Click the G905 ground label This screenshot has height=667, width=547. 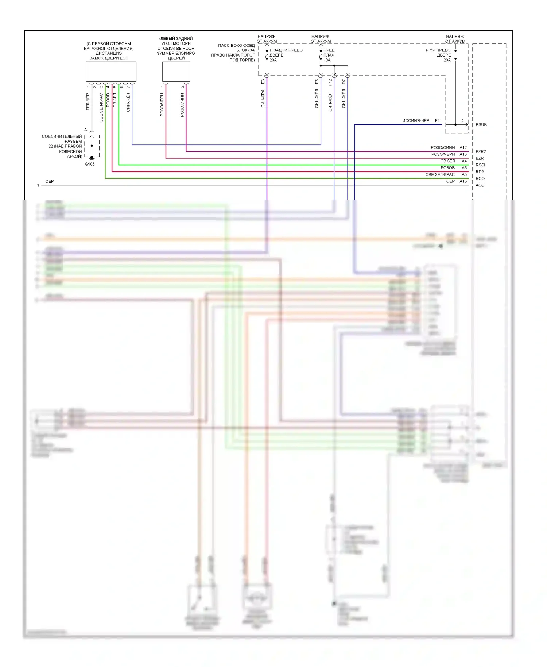tap(90, 164)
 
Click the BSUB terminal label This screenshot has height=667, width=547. tap(481, 125)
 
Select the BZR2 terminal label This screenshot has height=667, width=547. tap(481, 151)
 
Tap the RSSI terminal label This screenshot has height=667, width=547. tap(480, 165)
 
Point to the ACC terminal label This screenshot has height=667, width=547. tap(480, 185)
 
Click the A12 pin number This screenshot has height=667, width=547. tap(463, 147)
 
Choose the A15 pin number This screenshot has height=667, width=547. tap(463, 181)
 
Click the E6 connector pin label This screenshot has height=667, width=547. tap(263, 82)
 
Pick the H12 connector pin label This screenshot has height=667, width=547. tap(330, 82)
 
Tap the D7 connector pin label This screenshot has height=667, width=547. tap(344, 82)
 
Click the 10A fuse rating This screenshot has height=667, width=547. tap(327, 60)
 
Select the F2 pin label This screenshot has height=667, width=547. tap(437, 120)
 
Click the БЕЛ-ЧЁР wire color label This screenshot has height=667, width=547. tap(88, 102)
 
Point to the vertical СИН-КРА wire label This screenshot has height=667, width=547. tap(263, 99)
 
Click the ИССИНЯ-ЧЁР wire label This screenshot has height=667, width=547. tap(416, 120)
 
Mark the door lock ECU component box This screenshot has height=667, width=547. tap(111, 72)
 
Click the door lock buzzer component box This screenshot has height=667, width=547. tap(176, 72)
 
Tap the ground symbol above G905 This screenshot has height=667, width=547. tap(92, 158)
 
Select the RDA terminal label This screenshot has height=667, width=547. tap(480, 172)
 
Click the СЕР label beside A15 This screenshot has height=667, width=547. tap(450, 181)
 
